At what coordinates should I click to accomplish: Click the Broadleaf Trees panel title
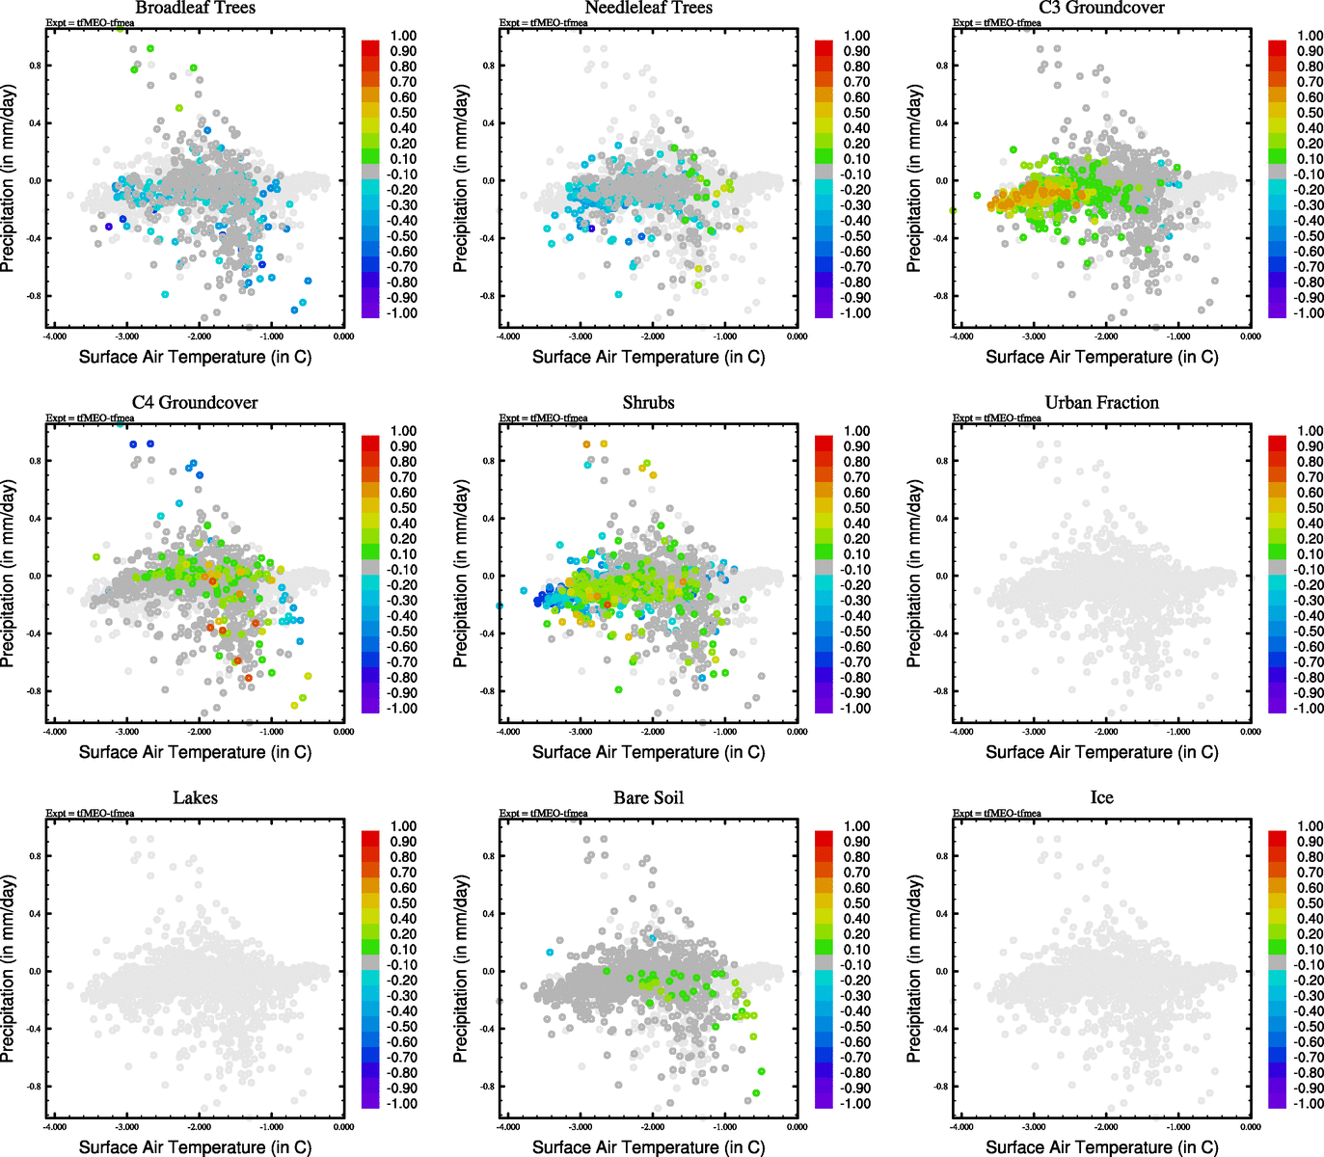(195, 8)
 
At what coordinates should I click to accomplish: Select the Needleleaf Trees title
(648, 8)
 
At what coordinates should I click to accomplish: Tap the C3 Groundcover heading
(1101, 8)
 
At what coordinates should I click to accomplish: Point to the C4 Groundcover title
(195, 402)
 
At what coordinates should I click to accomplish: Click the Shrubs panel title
(648, 402)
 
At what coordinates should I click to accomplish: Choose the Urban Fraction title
(1101, 402)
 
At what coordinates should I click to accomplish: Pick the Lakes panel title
(195, 797)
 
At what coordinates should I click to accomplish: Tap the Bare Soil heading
(648, 797)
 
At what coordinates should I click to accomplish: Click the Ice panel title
(1101, 797)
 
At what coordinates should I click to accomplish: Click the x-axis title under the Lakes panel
(195, 1146)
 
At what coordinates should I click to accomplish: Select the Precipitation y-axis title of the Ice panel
(915, 968)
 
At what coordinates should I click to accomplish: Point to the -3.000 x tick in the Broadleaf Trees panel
(127, 336)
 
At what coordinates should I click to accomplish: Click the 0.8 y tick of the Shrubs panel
(489, 461)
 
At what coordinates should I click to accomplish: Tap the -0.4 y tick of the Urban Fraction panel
(941, 633)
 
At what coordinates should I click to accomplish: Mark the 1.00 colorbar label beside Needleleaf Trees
(856, 36)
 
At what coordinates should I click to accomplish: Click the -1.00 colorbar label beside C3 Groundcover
(1309, 312)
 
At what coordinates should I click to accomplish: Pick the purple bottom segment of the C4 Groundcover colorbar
(370, 708)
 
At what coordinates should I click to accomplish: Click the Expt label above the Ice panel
(996, 813)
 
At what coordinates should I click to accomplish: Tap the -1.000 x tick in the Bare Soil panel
(725, 1127)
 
